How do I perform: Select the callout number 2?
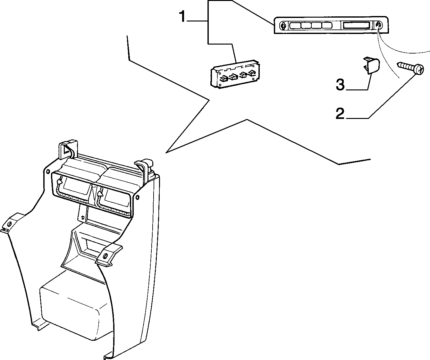point(340,113)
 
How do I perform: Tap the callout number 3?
point(340,85)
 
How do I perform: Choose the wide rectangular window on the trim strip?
point(356,26)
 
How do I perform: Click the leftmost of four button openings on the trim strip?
point(295,26)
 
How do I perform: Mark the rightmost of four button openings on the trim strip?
point(327,26)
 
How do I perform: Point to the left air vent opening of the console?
point(74,189)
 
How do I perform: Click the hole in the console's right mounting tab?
point(105,256)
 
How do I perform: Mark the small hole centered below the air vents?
point(83,217)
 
